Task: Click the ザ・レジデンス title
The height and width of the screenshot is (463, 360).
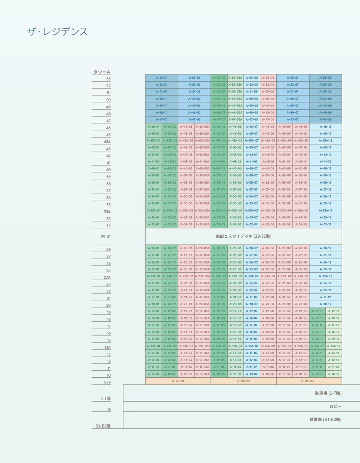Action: tap(57, 32)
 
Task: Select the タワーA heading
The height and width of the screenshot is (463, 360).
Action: tap(101, 72)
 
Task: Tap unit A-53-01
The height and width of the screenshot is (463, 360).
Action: tap(162, 78)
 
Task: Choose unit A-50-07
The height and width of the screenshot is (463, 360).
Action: tap(292, 99)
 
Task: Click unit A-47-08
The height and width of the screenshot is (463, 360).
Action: tap(325, 120)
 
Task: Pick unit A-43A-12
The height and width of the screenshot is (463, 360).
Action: tap(325, 140)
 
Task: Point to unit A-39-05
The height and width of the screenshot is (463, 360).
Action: tap(219, 176)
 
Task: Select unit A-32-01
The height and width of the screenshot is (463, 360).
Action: tap(153, 225)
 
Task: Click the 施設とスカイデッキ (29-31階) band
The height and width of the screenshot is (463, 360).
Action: tap(243, 236)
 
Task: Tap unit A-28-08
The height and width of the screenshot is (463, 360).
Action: tap(268, 248)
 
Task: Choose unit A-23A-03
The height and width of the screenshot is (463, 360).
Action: tap(186, 276)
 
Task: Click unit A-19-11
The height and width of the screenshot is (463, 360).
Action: tap(317, 311)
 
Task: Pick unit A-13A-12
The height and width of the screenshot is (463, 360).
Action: tap(333, 346)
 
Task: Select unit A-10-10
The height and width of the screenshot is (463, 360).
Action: tap(301, 374)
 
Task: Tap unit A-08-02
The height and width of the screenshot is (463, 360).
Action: tap(243, 381)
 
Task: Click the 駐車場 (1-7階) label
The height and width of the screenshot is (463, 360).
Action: tap(328, 393)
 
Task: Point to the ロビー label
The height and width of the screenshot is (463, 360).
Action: tap(335, 406)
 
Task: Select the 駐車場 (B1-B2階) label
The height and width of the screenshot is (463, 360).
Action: tap(325, 419)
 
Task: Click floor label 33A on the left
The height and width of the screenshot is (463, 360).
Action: tap(107, 212)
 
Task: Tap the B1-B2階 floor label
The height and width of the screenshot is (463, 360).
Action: tap(103, 426)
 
